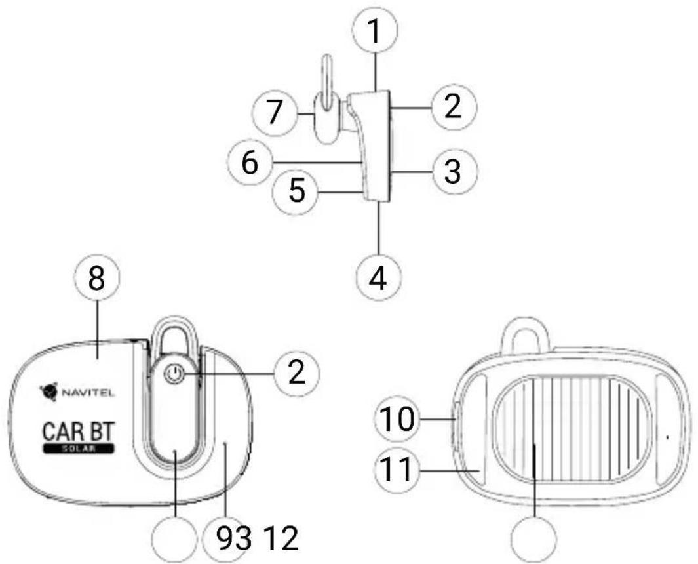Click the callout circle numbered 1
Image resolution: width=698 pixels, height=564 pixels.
[376, 30]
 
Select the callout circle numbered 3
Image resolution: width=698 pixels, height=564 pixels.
[453, 172]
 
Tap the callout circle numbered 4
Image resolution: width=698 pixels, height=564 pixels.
[378, 278]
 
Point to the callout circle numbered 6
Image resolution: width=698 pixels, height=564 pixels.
[250, 163]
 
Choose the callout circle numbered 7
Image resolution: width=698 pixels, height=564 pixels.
[275, 113]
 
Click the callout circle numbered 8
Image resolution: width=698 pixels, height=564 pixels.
[97, 280]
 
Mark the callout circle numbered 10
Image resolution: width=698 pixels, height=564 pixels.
[398, 419]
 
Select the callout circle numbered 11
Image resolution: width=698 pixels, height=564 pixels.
[398, 470]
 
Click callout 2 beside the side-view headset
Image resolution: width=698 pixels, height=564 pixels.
[453, 107]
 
